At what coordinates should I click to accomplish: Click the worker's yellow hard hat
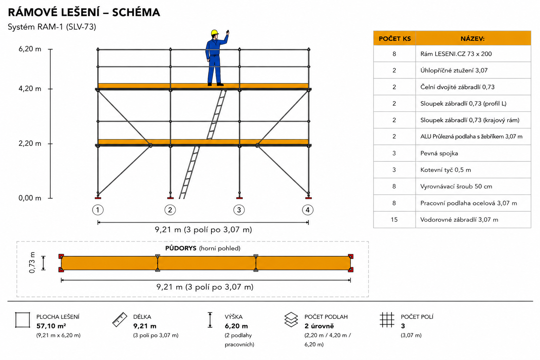point(215,33)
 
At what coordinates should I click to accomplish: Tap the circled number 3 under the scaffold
point(239,210)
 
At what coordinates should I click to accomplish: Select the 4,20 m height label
point(30,89)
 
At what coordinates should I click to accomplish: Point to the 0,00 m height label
point(30,198)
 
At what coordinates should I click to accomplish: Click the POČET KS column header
point(395,39)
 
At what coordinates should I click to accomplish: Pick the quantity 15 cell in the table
point(394,219)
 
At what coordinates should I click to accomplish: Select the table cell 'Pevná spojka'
point(439,153)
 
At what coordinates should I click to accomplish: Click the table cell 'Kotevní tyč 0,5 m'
point(445,170)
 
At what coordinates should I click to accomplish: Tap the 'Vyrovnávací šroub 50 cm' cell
point(456,187)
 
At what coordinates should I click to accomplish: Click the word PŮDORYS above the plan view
point(180,248)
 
